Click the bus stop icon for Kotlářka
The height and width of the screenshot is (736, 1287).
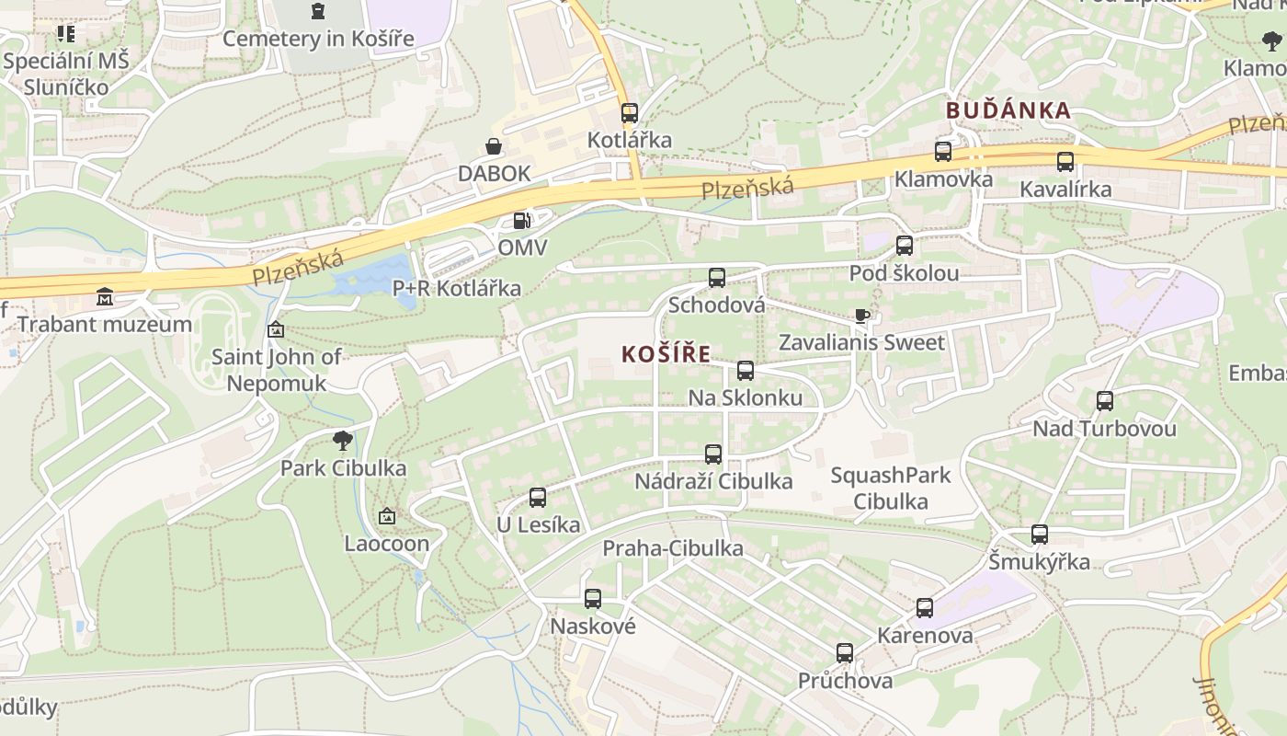629,113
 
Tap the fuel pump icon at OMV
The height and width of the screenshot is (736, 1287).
521,221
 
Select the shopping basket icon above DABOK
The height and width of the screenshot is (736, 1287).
494,146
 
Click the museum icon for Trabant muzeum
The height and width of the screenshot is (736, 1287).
105,297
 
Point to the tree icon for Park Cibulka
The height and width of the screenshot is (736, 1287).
343,441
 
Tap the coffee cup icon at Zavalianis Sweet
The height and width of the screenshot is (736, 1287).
861,316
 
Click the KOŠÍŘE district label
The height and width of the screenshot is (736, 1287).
666,354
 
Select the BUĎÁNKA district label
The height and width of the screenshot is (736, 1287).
1008,110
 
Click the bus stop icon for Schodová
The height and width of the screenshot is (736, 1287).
716,277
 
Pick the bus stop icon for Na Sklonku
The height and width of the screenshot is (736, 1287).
746,371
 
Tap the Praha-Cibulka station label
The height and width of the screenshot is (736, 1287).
672,548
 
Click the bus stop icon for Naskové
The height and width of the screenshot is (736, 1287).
593,599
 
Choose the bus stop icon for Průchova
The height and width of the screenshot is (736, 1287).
845,653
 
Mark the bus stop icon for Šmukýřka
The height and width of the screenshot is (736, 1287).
1039,535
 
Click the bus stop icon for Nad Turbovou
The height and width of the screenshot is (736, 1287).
1104,401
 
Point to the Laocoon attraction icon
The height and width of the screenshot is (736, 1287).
386,516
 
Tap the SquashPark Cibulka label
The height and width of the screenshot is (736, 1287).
890,489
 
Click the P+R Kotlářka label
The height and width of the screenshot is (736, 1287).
456,288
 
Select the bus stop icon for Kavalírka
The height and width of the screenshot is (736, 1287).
1065,162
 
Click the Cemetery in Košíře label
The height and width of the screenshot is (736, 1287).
318,38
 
